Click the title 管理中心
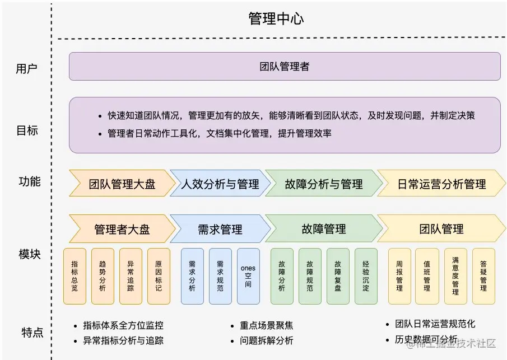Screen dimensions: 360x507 coord(276,18)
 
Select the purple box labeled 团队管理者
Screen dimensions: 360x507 coord(285,67)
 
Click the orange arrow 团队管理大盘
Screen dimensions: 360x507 coord(122,184)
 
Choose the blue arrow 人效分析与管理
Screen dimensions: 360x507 coord(220,184)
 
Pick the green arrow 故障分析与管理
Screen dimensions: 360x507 coord(323,184)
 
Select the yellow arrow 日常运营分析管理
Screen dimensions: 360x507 coord(441,184)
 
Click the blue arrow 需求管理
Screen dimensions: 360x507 coord(220,229)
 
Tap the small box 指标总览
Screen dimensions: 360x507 coord(75,276)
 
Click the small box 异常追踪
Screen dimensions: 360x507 coord(131,276)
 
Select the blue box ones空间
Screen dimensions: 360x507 coord(248,276)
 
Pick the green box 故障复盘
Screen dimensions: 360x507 coord(338,276)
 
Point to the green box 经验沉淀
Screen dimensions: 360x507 coord(366,276)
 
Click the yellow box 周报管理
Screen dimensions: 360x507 coord(399,276)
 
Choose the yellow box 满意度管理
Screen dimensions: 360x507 coord(455,276)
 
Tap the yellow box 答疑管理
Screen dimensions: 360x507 coord(483,276)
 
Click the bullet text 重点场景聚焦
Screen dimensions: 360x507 coord(266,325)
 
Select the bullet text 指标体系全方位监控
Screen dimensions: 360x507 coord(123,325)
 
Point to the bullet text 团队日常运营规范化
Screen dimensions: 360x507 coord(435,324)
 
